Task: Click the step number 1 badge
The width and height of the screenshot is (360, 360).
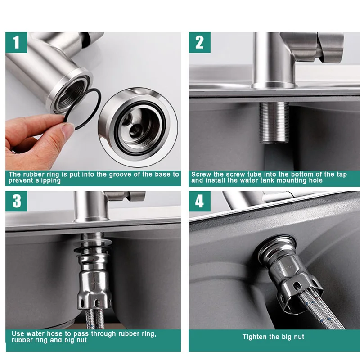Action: [x=17, y=43]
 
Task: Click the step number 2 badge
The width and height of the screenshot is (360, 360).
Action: [x=199, y=43]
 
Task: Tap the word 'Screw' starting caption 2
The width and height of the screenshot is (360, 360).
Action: [x=201, y=175]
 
